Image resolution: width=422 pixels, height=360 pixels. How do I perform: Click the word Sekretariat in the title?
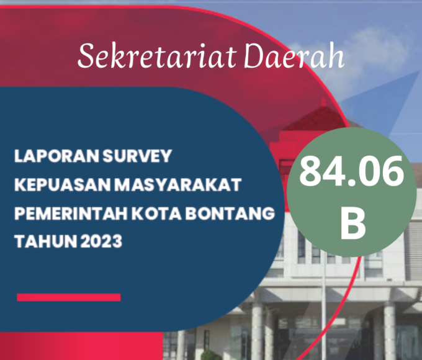[x=157, y=56]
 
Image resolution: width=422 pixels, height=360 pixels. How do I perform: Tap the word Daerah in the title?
[x=294, y=55]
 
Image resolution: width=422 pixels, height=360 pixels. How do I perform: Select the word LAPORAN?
[x=57, y=156]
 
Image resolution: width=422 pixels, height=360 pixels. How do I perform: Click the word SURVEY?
[x=137, y=156]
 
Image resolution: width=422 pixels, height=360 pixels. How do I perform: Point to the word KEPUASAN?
[x=63, y=185]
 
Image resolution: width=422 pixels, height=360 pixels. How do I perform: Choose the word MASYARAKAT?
[x=177, y=185]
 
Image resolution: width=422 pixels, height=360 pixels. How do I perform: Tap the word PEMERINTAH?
[x=71, y=214]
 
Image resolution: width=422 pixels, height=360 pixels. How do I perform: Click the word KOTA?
[x=156, y=214]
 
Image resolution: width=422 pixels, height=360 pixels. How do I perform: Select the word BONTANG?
[x=230, y=214]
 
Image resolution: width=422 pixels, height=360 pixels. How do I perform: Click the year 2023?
[x=101, y=241]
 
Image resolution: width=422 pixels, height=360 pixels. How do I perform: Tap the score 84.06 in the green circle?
[x=351, y=171]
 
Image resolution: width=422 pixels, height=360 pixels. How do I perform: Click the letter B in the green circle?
[x=353, y=223]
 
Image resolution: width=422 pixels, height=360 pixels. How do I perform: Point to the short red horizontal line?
[x=69, y=297]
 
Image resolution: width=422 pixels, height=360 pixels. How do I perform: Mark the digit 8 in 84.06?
[x=310, y=171]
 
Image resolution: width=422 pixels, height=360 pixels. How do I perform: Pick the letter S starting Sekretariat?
[x=86, y=55]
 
